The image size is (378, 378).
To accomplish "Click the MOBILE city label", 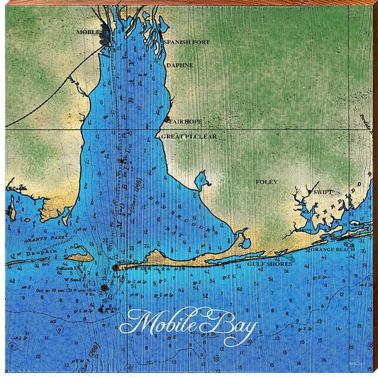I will point(89,32).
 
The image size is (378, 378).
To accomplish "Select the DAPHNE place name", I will point(179,65).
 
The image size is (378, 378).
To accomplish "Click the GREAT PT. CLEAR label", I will point(189,135).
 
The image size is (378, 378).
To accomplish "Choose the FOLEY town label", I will point(267,182).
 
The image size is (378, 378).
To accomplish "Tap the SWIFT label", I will point(323,192).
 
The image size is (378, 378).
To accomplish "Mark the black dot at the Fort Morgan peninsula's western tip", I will point(114,267).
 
